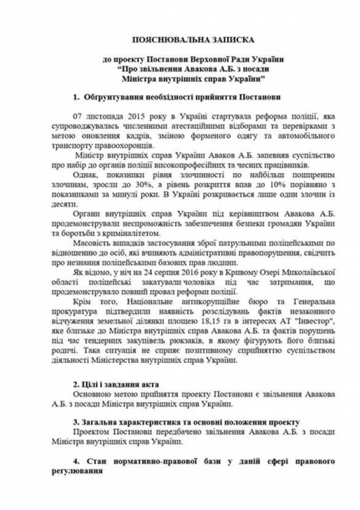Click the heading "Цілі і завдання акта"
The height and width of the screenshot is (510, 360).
click(115, 383)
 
